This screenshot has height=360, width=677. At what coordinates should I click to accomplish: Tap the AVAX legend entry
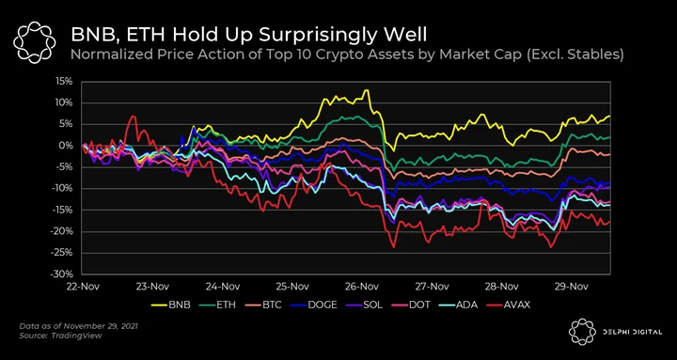pos(506,305)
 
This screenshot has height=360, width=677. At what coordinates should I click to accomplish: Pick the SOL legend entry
pos(365,305)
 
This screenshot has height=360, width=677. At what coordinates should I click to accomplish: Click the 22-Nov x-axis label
pos(83,286)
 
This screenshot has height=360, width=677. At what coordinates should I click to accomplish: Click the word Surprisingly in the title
pos(312,35)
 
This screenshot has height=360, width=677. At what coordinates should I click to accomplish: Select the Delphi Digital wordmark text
pos(633,332)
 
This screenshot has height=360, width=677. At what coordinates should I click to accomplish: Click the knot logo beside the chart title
pos(34,41)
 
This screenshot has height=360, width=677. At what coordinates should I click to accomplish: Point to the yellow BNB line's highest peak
pos(367,90)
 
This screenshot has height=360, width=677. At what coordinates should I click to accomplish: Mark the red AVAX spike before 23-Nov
pos(134,117)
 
